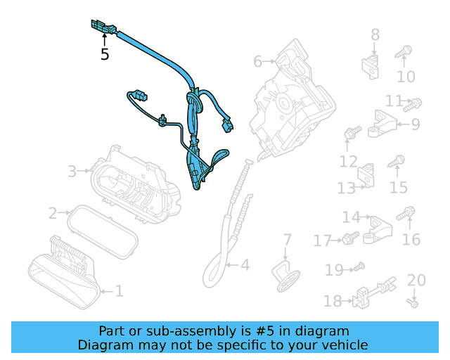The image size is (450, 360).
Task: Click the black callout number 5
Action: pos(105,54)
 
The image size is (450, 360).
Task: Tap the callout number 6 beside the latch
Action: pos(258,61)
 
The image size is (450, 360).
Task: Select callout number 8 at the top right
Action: pos(375,34)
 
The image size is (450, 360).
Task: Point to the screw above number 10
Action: pos(404,51)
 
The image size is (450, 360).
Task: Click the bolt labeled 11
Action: pos(413,105)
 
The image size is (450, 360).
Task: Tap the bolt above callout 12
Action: pos(352,132)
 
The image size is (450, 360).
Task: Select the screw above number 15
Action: pos(396,161)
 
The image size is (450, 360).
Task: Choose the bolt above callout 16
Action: pos(406,214)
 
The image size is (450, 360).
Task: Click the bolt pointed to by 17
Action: pos(351,238)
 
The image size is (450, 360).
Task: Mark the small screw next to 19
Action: pos(359,266)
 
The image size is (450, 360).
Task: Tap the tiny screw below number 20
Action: pos(413,303)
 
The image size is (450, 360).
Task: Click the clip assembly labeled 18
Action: pos(373,293)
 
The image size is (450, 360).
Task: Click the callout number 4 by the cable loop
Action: pos(245,265)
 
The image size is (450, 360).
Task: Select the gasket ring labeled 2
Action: pos(103,232)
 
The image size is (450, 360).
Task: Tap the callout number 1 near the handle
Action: pos(119,291)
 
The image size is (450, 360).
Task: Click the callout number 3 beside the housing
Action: pos(72,172)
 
